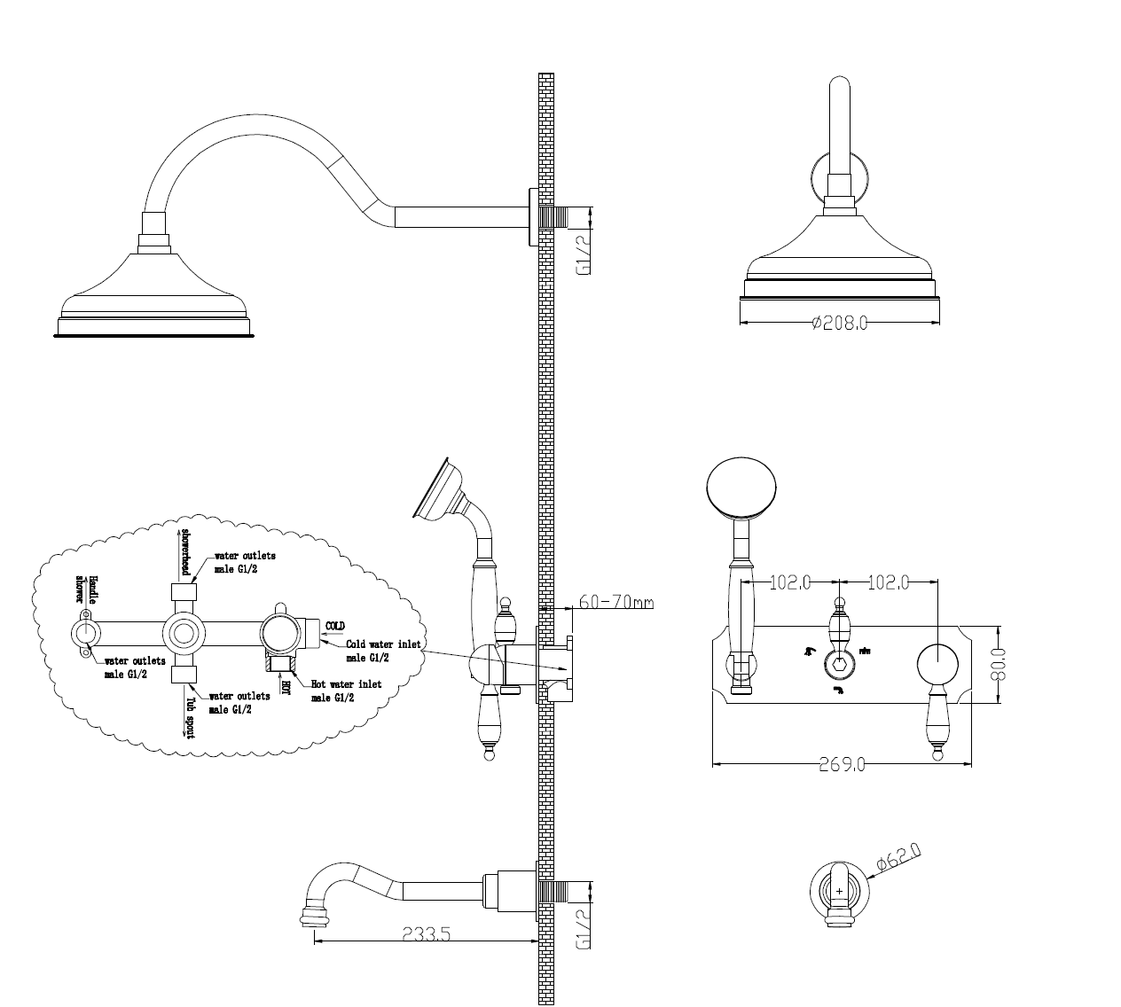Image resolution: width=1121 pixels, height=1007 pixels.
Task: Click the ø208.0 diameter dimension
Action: (x=838, y=324)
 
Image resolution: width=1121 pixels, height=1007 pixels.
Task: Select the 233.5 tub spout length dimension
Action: (x=427, y=934)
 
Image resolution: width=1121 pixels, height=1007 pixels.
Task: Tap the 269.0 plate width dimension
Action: (x=842, y=764)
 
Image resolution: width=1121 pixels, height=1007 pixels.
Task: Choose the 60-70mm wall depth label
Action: (x=615, y=602)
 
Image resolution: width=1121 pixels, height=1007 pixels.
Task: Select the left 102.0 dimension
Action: (x=791, y=582)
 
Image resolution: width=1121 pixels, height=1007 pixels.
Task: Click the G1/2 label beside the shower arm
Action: (x=584, y=254)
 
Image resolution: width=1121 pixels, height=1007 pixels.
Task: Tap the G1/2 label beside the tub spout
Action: (x=584, y=928)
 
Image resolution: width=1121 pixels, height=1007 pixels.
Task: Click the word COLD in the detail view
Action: (x=335, y=626)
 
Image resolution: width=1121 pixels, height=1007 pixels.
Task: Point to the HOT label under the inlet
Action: (x=286, y=684)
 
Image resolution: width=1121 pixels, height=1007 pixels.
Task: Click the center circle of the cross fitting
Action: (x=184, y=633)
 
